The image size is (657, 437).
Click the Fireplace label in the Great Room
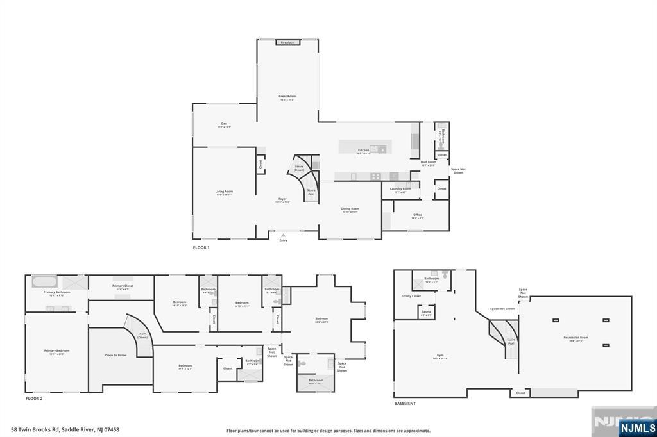287,43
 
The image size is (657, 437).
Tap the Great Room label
287,97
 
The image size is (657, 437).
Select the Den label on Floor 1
224,124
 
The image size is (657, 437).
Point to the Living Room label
224,192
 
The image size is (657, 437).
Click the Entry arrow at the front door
283,236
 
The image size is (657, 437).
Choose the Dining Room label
350,209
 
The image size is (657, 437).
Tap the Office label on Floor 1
417,215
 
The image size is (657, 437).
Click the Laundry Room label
400,189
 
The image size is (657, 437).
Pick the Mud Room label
428,162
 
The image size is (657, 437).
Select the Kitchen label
363,151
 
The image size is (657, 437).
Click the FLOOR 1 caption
201,247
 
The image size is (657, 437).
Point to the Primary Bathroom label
56,293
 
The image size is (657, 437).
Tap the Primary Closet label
123,286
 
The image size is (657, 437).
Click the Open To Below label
115,355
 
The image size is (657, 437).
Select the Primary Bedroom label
56,351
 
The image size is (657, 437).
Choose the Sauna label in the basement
426,312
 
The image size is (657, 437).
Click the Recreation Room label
576,338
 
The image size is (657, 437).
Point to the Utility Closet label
411,297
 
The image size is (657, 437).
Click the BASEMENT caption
405,404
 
